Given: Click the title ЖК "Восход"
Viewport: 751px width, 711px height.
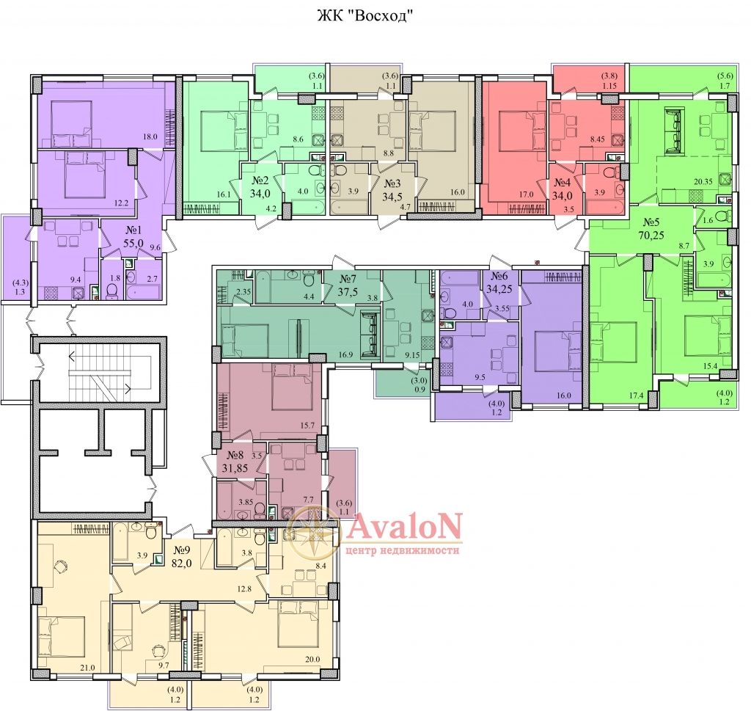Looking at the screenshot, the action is (365, 16).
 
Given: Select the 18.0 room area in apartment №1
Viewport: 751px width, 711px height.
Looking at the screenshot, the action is (150, 136).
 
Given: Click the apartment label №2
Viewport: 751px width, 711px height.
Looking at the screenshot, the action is (260, 181).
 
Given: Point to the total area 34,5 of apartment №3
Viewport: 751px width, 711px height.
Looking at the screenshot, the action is (392, 197).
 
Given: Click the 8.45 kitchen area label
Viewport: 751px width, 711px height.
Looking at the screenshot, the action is (598, 140).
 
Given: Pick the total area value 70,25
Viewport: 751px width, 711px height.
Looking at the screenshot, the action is (651, 236).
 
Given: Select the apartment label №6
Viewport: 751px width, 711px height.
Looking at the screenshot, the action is (499, 277).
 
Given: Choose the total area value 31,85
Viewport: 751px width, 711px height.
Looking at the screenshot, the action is (235, 468).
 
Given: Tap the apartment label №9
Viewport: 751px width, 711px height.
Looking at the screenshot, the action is (182, 550).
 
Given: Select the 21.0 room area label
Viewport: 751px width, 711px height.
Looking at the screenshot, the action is (88, 668).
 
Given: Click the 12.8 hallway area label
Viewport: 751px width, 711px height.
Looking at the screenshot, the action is (243, 589).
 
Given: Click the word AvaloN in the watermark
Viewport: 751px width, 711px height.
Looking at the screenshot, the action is (405, 527).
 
